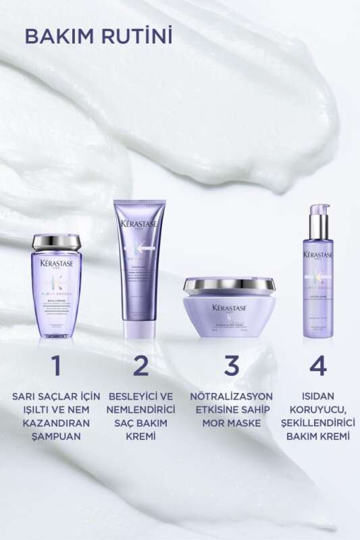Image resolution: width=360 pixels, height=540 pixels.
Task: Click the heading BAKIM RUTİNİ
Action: click(99, 35)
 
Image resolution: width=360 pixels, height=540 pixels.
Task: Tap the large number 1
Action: click(56, 365)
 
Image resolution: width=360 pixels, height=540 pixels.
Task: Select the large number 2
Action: click(140, 365)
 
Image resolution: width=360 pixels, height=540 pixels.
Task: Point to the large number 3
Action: click(232, 365)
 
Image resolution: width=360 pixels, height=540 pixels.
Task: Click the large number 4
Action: click(317, 365)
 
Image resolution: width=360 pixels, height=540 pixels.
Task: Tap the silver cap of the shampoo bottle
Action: click(56, 241)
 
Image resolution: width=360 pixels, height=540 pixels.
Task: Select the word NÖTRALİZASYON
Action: click(232, 396)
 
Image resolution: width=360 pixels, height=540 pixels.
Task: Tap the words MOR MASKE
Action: click(232, 423)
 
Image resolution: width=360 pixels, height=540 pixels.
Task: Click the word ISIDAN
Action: click(317, 396)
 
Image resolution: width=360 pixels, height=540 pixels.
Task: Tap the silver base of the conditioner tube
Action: click(140, 333)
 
